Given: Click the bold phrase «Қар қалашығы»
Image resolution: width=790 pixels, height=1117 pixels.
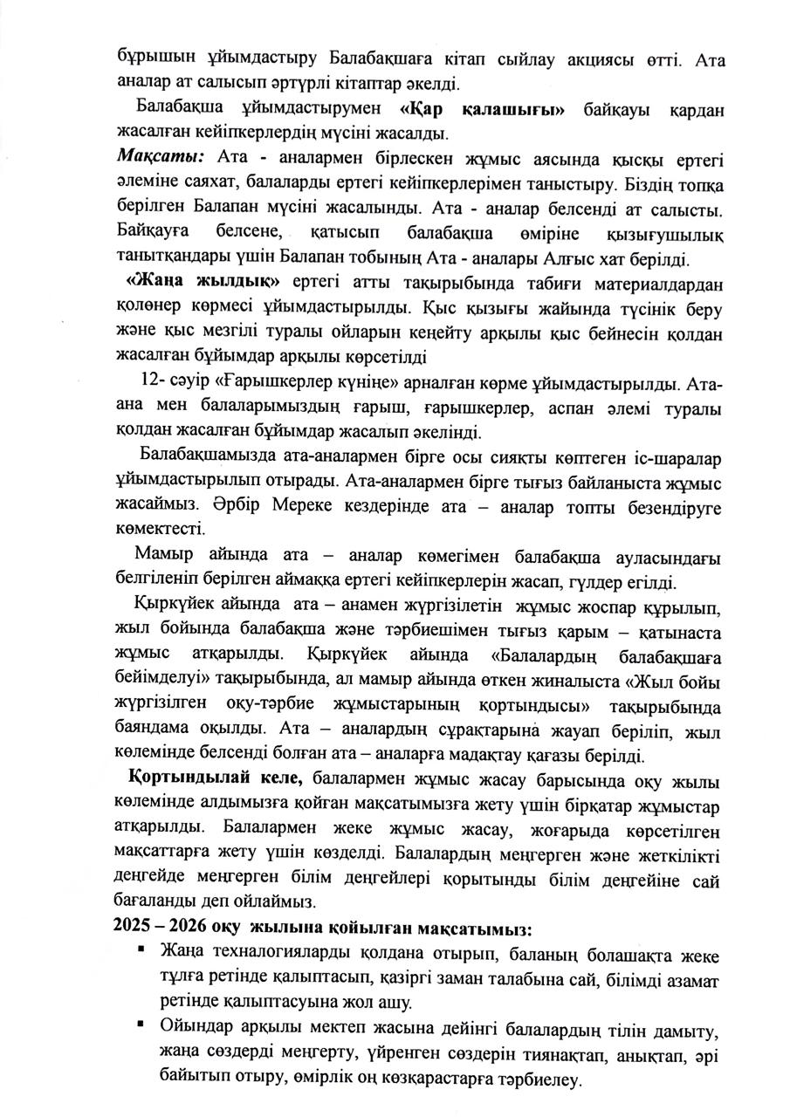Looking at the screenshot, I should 483,110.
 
